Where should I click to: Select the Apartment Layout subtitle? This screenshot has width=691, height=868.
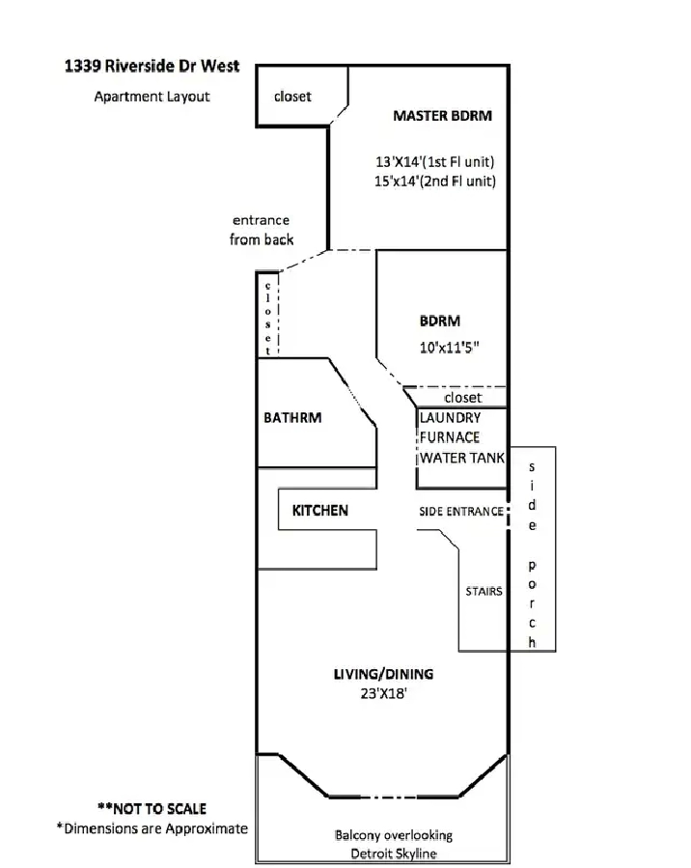(152, 96)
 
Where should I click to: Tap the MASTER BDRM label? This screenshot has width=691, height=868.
(442, 116)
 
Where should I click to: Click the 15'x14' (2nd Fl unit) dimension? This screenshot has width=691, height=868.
(435, 181)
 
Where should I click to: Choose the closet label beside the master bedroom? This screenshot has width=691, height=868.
(292, 97)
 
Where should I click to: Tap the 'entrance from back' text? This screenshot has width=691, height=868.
(262, 230)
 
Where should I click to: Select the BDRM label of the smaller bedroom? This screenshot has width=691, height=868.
(439, 321)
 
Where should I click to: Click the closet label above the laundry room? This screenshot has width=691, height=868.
(462, 397)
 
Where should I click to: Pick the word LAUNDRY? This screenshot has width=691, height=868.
(450, 418)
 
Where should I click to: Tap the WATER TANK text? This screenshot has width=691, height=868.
(461, 458)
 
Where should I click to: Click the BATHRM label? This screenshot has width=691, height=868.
(292, 418)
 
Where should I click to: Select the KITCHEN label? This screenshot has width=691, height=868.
(319, 510)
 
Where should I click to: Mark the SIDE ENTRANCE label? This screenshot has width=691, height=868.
(460, 511)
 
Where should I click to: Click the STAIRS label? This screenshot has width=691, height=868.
(483, 591)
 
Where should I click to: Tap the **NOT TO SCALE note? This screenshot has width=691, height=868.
(152, 808)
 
